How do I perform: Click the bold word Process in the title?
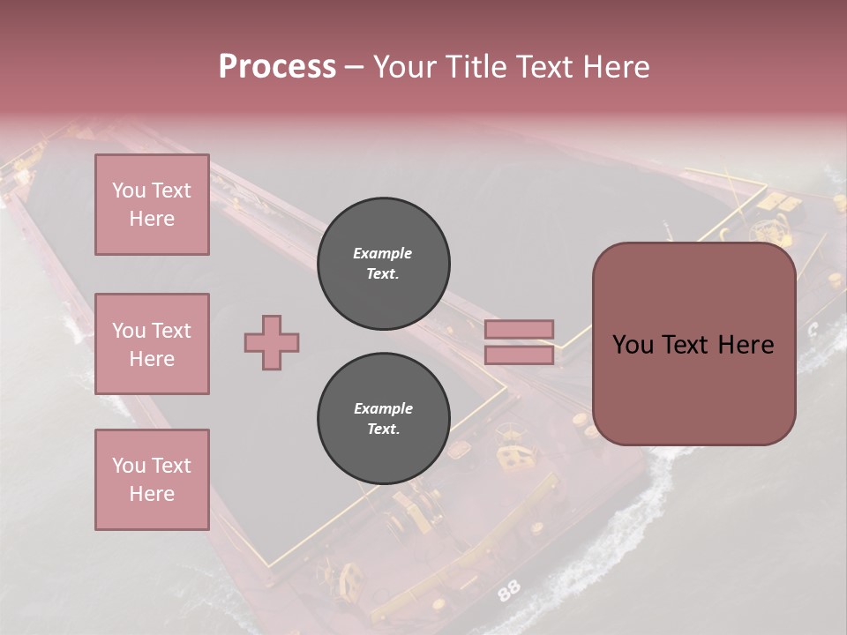pos(277,67)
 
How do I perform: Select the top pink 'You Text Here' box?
pos(152,205)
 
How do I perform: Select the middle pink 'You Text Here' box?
pos(152,344)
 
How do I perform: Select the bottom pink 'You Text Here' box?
pos(152,480)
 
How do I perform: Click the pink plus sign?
pos(272,342)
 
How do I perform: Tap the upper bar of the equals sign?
pos(519,329)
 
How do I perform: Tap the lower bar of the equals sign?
pos(519,355)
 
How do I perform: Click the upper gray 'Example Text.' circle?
pos(383,263)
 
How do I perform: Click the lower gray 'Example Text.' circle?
pos(383,418)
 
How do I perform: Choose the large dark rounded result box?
pos(693,344)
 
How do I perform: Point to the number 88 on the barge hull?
pos(508,591)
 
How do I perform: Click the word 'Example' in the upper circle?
pos(383,253)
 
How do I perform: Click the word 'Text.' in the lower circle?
pos(383,430)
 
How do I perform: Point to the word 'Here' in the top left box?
pos(152,219)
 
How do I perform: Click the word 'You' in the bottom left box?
pos(129,466)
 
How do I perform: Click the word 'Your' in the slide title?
pos(406,67)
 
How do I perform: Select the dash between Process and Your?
pos(354,67)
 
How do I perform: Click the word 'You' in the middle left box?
pos(129,331)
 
